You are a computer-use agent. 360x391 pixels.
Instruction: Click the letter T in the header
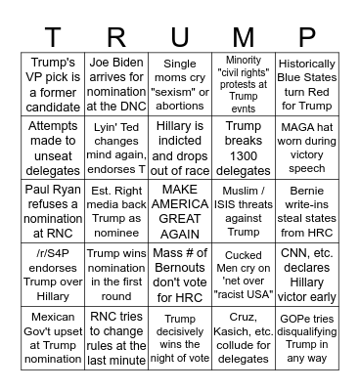point(51,36)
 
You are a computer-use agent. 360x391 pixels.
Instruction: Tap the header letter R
point(115,36)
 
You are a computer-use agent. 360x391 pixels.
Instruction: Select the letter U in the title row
point(180,36)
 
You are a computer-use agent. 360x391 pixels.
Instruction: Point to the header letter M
point(245,36)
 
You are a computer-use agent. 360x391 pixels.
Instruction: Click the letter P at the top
point(309,36)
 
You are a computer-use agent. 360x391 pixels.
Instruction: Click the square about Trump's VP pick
point(51,84)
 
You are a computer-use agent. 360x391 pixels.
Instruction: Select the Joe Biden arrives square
point(115,84)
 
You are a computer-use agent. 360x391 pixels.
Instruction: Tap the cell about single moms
point(180,84)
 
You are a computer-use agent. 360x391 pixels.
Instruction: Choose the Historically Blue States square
point(309,84)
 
